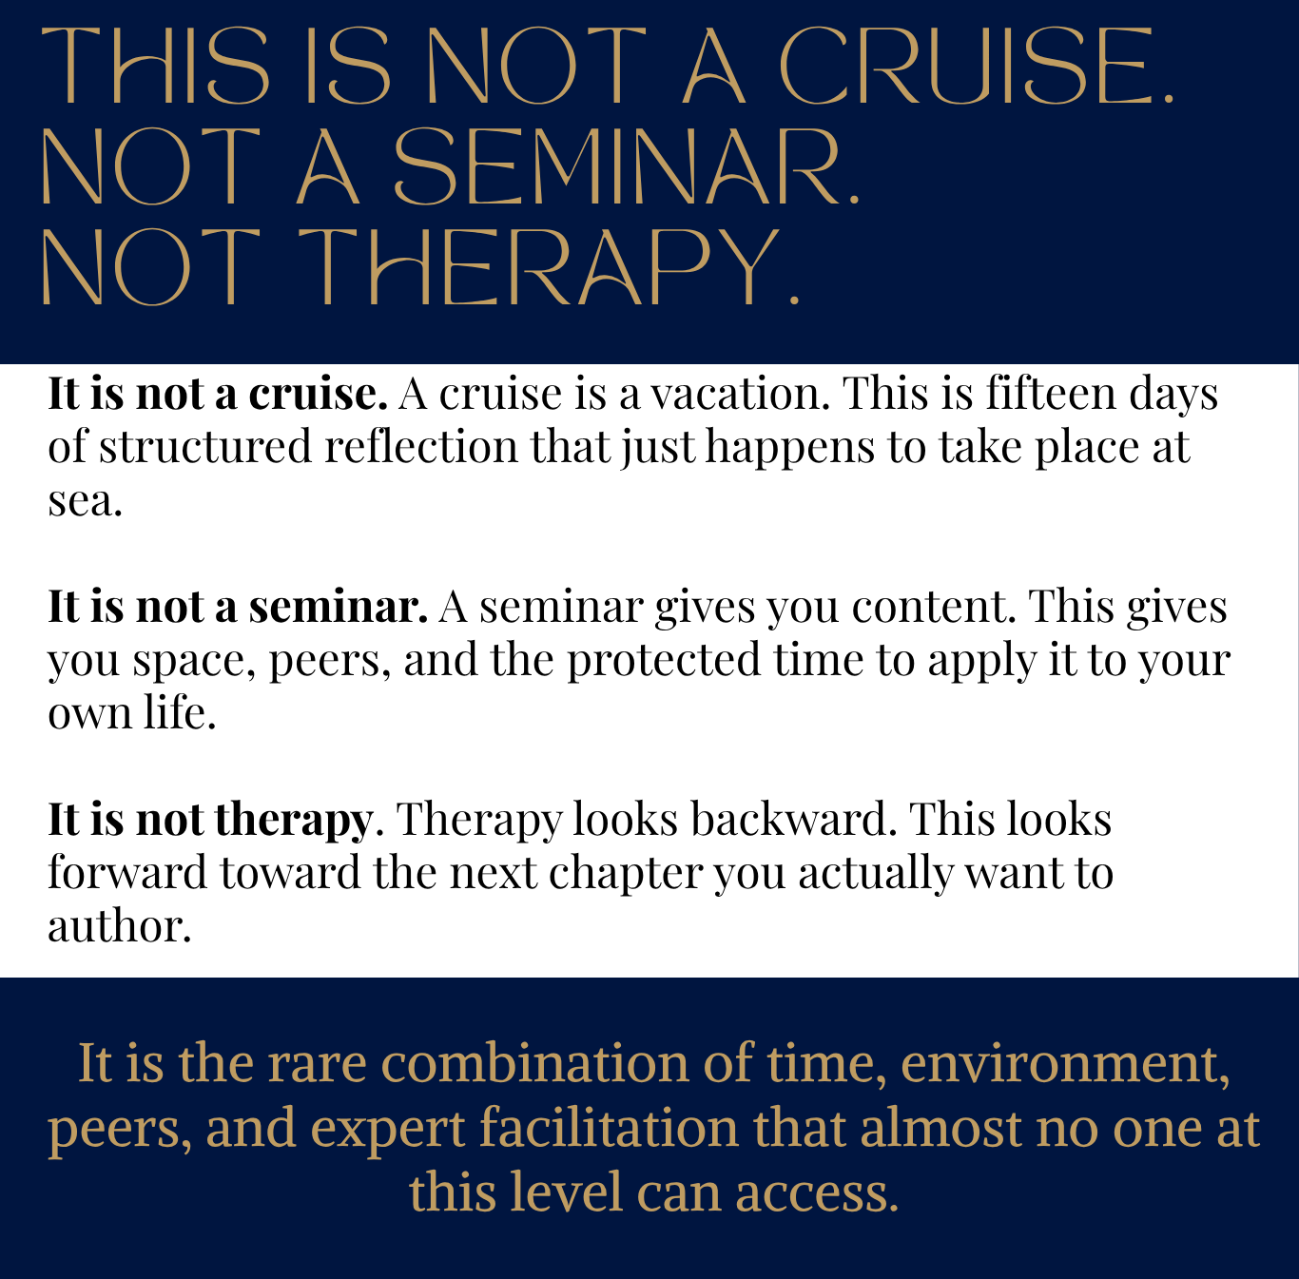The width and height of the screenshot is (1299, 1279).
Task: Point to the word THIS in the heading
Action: (x=156, y=66)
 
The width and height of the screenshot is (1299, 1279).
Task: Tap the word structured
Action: (x=205, y=446)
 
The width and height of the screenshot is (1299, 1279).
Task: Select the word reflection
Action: (x=421, y=446)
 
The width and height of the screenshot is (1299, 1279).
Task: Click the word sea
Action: (x=85, y=502)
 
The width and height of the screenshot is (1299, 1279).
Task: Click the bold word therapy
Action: (x=294, y=821)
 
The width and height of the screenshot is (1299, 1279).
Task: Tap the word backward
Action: (x=794, y=819)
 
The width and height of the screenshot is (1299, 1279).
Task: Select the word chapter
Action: (x=626, y=873)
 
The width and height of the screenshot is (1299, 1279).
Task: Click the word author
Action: (x=119, y=925)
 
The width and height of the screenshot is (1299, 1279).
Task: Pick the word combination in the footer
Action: (x=534, y=1063)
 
